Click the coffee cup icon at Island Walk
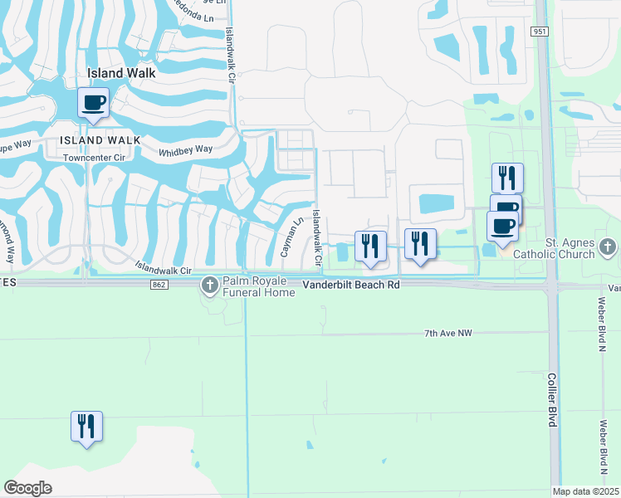click(x=92, y=104)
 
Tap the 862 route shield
click(x=158, y=285)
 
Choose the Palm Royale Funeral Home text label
click(x=258, y=286)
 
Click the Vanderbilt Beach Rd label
click(x=350, y=284)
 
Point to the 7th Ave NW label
click(x=447, y=333)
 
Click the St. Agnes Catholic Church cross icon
click(x=608, y=247)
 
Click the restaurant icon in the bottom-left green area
click(x=86, y=427)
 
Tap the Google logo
click(x=27, y=488)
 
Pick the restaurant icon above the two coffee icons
click(x=507, y=178)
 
